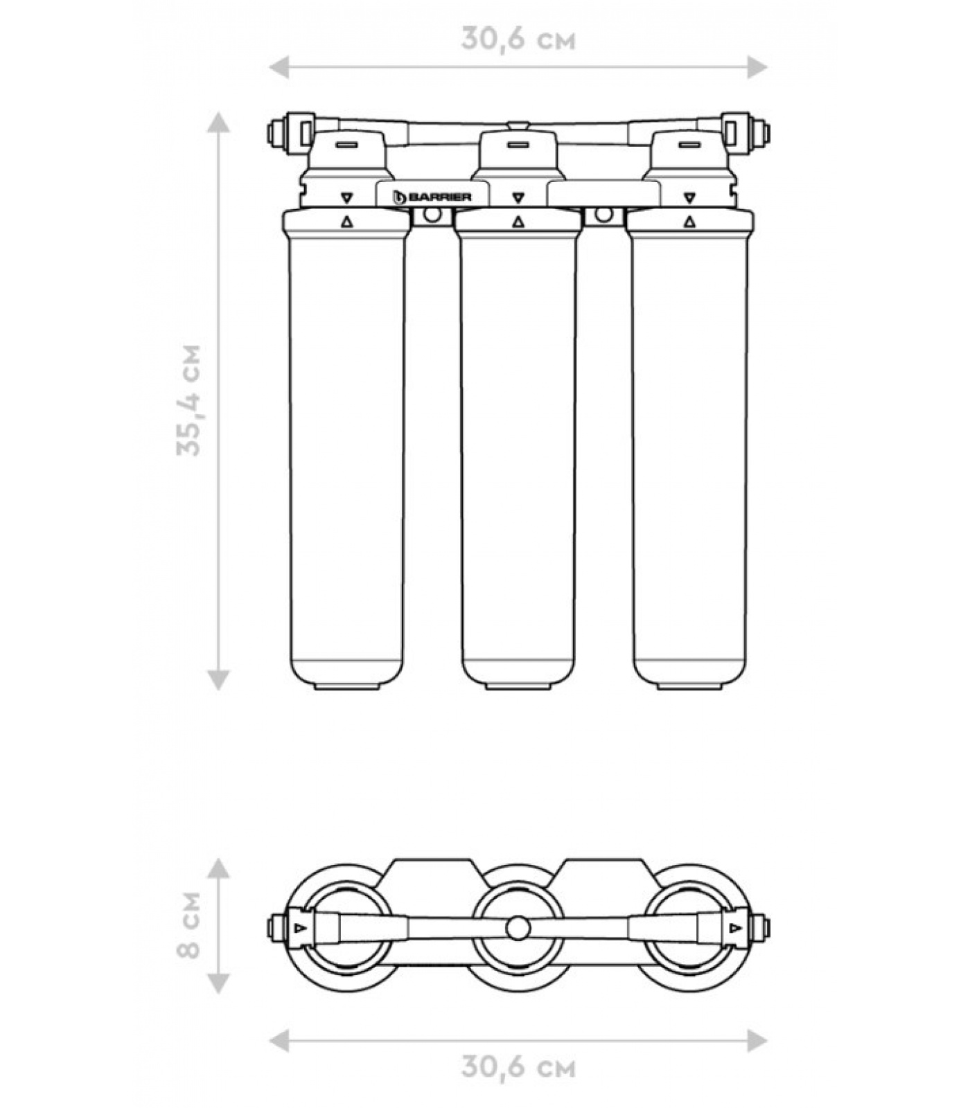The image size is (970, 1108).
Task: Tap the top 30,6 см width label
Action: (518, 39)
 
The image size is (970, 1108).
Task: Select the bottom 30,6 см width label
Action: (518, 1067)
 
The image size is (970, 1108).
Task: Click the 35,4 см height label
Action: (188, 400)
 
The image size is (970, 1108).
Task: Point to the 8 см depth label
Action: (188, 926)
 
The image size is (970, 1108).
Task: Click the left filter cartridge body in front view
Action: (346, 450)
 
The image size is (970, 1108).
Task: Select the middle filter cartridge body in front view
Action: (518, 450)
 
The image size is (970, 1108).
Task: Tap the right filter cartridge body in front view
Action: (690, 450)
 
